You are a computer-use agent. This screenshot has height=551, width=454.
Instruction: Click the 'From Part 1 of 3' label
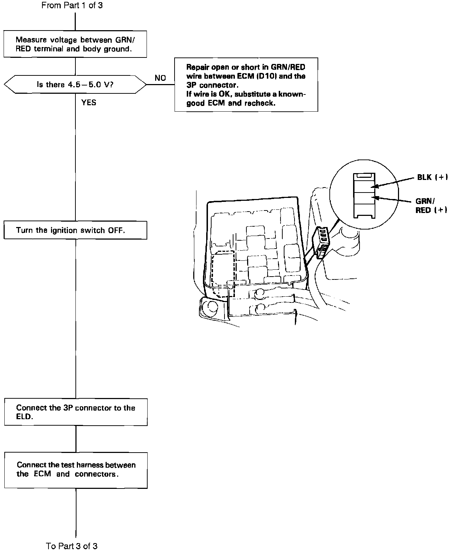click(72, 5)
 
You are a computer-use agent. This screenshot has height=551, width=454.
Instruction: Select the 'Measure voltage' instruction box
click(75, 44)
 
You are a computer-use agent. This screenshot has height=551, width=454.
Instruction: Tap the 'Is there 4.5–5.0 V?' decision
click(75, 85)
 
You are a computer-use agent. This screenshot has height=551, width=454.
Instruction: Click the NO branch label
click(160, 78)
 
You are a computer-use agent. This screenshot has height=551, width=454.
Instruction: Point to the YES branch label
click(88, 103)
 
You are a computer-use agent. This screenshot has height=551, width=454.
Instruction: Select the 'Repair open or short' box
click(246, 85)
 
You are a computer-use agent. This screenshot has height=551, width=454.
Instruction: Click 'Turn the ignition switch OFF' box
click(75, 230)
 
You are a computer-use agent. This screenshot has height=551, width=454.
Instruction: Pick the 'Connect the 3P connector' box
click(76, 412)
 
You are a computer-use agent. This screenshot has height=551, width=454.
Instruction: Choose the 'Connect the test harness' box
click(76, 470)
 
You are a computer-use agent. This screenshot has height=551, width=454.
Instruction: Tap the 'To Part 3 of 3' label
click(72, 546)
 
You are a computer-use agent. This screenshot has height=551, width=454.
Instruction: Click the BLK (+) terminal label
click(432, 177)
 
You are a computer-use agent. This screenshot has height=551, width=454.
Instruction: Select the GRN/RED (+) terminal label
click(431, 206)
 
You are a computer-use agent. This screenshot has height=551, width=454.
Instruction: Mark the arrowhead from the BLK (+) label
click(374, 186)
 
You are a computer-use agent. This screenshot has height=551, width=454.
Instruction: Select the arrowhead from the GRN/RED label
click(374, 197)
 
